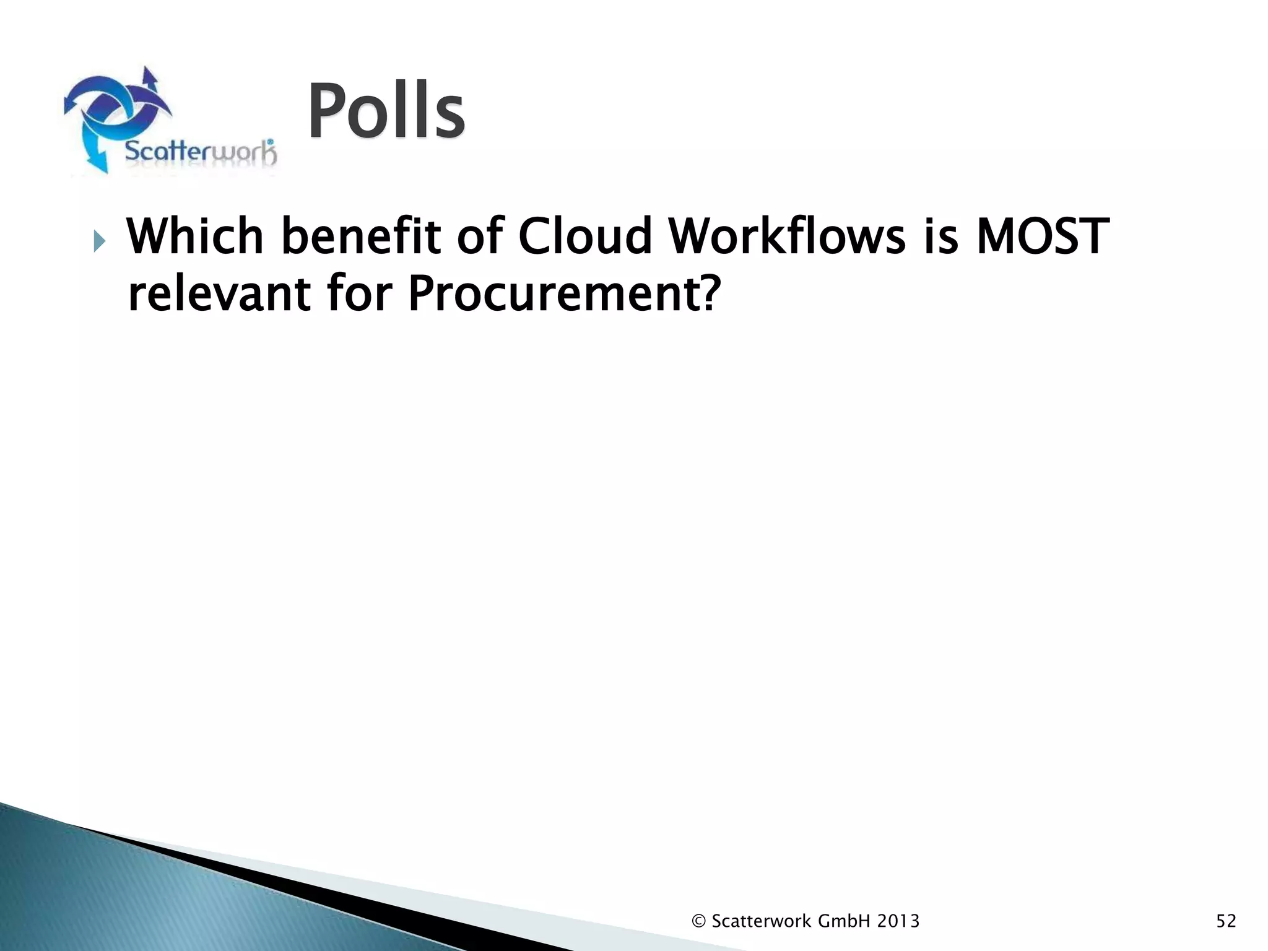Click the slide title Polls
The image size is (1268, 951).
(x=386, y=112)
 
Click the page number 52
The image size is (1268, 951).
(x=1226, y=921)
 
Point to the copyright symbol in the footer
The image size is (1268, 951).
(x=698, y=921)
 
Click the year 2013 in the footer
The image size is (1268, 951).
(x=898, y=921)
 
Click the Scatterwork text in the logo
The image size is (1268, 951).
(x=200, y=152)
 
